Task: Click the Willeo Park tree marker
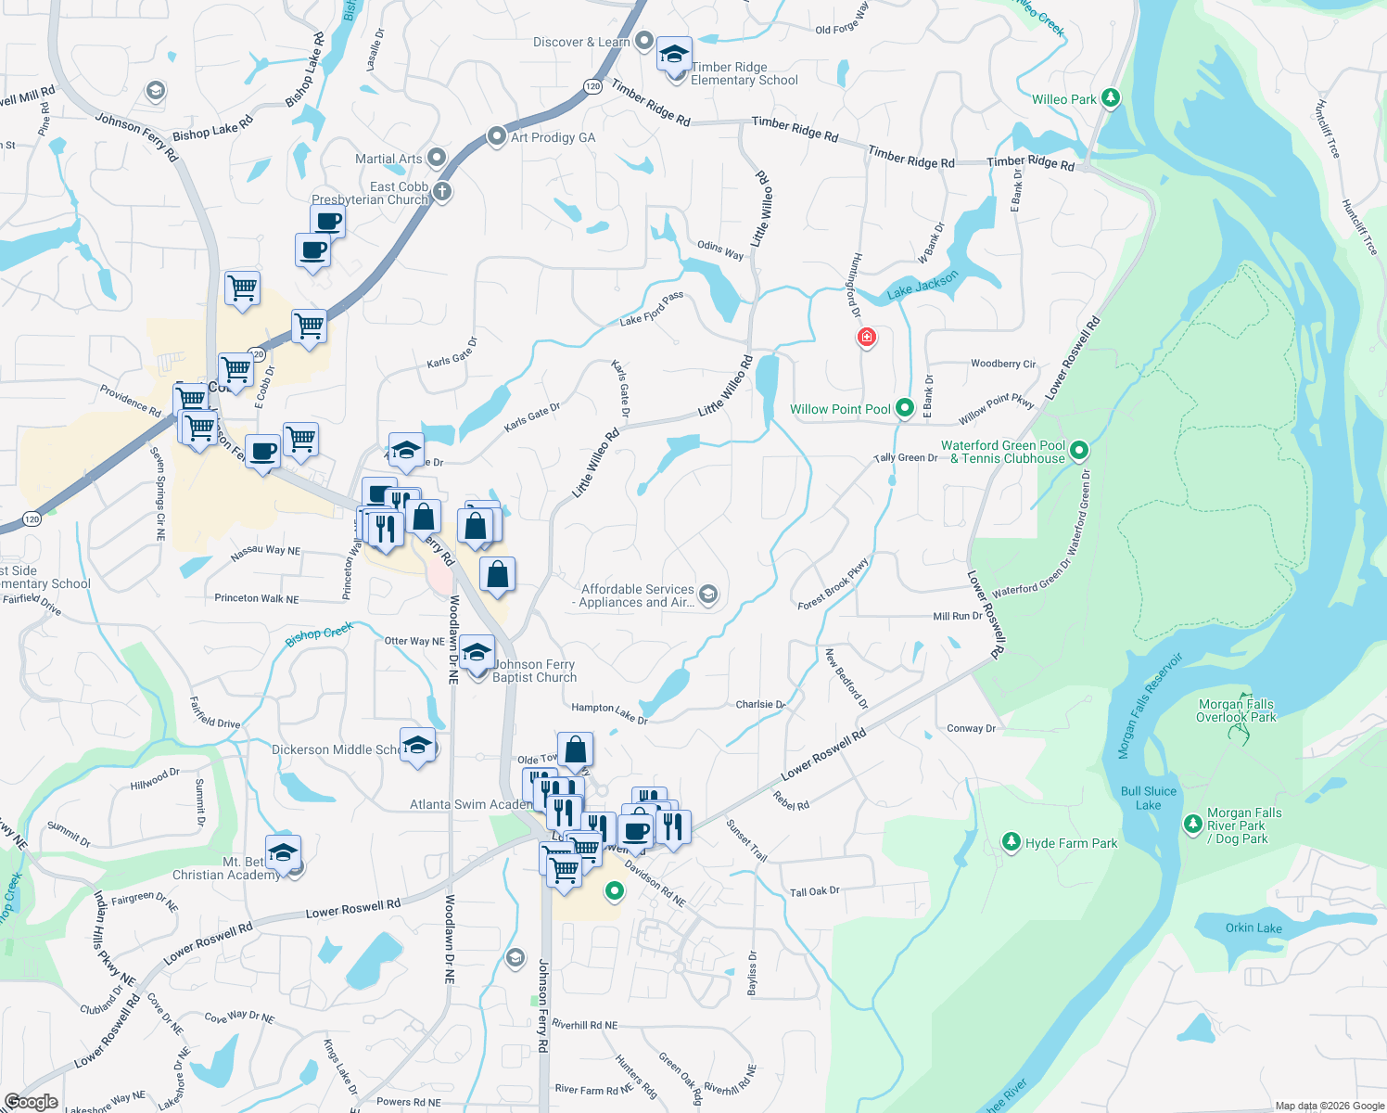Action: (x=1111, y=98)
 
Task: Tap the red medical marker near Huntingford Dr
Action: (x=866, y=338)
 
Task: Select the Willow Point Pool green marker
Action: (x=905, y=408)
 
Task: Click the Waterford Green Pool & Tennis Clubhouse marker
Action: (x=1078, y=451)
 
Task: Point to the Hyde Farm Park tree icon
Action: (x=1012, y=842)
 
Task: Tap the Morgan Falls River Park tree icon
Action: (x=1193, y=824)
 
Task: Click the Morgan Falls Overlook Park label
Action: (x=1236, y=710)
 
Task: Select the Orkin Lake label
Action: (x=1253, y=927)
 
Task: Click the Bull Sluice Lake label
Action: (x=1148, y=798)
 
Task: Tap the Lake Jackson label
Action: (x=923, y=286)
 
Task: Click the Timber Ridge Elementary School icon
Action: (x=674, y=55)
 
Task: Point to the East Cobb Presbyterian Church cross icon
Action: (x=442, y=192)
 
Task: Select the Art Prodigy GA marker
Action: (x=497, y=137)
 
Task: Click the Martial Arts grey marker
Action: (x=437, y=158)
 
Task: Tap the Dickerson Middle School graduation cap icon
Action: (x=417, y=746)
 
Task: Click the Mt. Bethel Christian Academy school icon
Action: (x=283, y=851)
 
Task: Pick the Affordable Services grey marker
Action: (x=708, y=595)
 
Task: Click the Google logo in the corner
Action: (x=31, y=1102)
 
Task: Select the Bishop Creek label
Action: (x=319, y=633)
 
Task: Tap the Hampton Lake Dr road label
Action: (x=609, y=712)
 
